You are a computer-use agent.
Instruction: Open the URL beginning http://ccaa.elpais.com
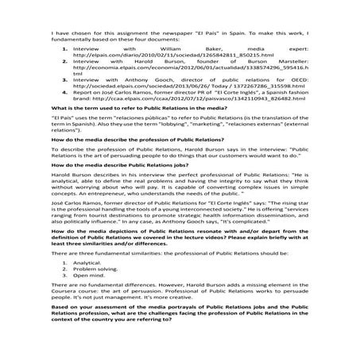tap(180, 110)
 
